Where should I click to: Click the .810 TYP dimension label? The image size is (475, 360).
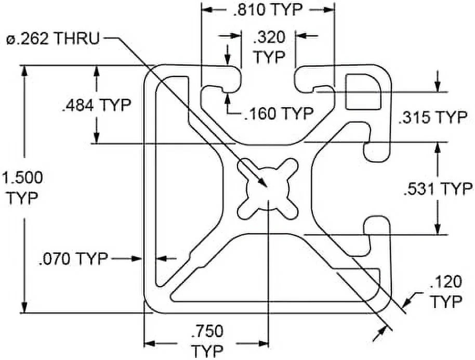(x=268, y=10)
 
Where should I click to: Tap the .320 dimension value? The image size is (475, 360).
(x=269, y=37)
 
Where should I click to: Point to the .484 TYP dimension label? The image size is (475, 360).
(x=96, y=105)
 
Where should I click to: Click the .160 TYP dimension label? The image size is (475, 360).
(x=279, y=113)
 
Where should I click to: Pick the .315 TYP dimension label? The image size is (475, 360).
(x=433, y=117)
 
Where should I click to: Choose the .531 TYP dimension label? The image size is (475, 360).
(x=438, y=189)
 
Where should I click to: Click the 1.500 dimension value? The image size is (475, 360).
(x=22, y=177)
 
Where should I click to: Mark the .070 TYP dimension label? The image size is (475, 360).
(x=73, y=259)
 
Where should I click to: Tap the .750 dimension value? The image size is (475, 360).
(x=207, y=331)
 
